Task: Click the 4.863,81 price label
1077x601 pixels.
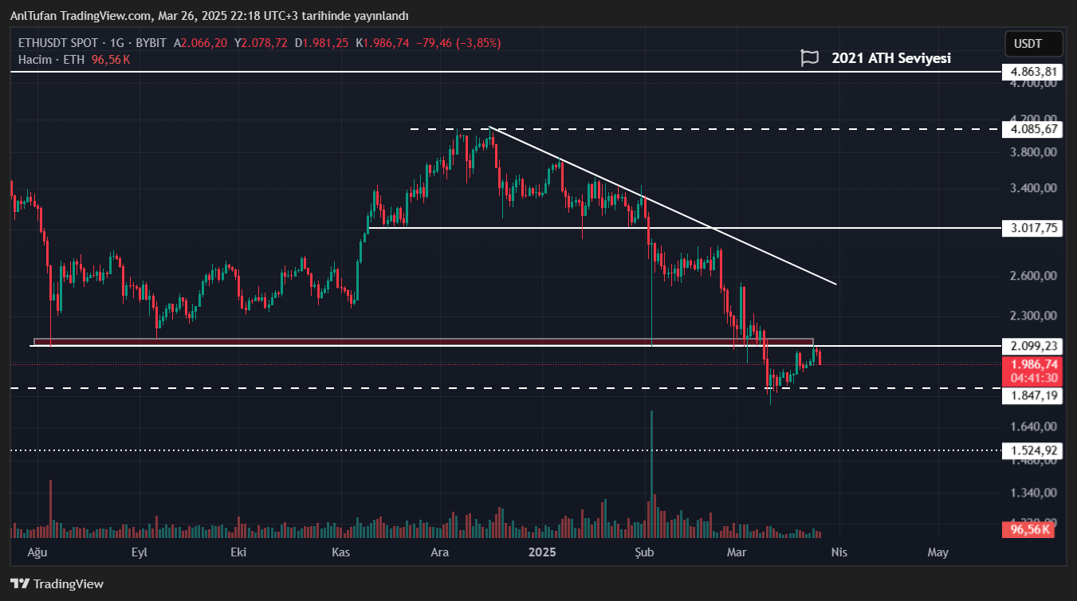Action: tap(1033, 72)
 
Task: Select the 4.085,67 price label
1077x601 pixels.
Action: tap(1033, 129)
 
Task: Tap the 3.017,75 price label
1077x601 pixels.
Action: tap(1033, 228)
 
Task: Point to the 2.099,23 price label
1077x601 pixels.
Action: tap(1033, 346)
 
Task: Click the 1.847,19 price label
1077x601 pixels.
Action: tap(1033, 395)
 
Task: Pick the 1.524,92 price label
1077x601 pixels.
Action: tap(1033, 450)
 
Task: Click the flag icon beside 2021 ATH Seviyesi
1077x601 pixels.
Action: tap(810, 58)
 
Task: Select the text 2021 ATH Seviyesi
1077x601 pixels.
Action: tap(890, 58)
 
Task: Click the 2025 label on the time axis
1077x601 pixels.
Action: tap(542, 552)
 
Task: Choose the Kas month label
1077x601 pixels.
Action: tap(341, 552)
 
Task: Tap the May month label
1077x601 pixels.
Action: tap(938, 552)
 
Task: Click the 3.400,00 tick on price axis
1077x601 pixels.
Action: tap(1033, 189)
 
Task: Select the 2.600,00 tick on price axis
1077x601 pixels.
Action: tap(1033, 276)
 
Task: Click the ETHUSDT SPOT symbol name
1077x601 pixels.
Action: tap(56, 43)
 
